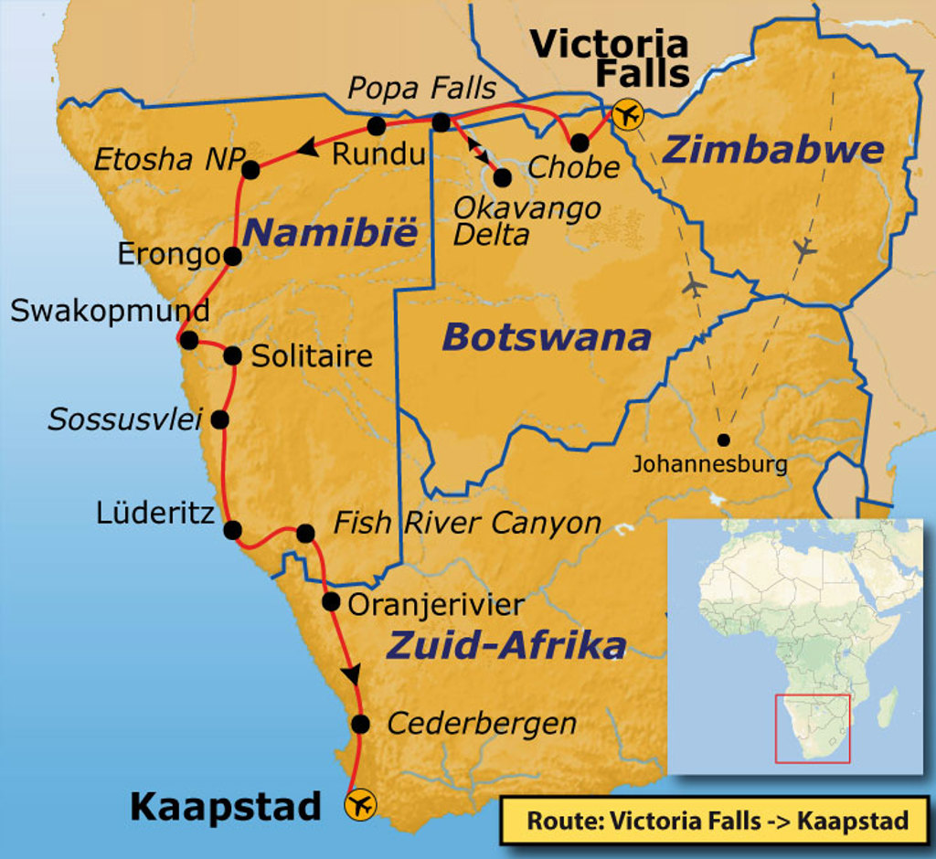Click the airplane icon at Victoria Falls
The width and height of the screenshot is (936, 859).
628,115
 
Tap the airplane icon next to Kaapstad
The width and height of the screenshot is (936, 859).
360,804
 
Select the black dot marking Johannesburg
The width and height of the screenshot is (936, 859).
724,439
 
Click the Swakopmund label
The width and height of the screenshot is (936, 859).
110,311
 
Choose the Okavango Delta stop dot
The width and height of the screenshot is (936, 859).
502,176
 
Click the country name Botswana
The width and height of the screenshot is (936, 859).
546,338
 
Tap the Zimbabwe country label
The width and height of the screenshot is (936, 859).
772,150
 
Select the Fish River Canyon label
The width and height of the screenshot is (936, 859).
466,524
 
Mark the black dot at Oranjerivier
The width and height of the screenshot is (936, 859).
331,601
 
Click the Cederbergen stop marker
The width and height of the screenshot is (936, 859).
360,725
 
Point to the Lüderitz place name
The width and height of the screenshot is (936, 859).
155,513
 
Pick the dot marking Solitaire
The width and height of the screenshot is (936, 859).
232,355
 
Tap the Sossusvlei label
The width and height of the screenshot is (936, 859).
125,419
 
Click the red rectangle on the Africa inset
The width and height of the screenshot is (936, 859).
813,728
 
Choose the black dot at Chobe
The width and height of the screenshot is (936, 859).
580,143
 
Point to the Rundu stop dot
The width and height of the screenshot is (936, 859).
376,125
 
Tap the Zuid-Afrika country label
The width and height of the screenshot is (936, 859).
506,645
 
